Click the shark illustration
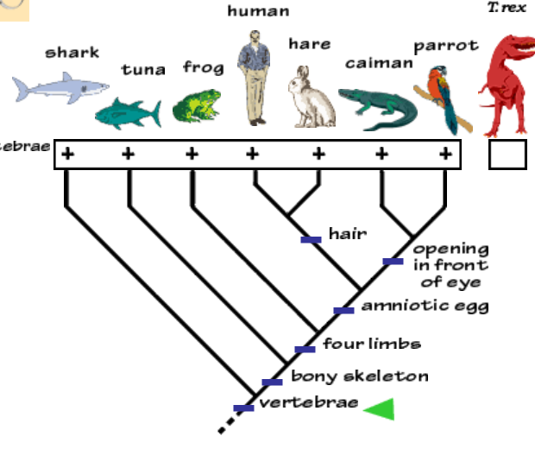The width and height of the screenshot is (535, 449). click(x=60, y=86)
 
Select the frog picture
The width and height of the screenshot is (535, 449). click(x=197, y=104)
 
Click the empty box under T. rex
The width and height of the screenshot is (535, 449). click(x=507, y=155)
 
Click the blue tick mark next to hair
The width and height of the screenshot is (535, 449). click(x=311, y=239)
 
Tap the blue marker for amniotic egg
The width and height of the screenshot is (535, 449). click(x=343, y=310)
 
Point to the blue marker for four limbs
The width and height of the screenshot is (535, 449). click(x=305, y=349)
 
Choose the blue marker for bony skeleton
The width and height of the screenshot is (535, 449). click(x=272, y=382)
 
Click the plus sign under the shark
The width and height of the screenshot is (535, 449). click(x=66, y=155)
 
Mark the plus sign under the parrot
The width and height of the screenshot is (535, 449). click(x=445, y=155)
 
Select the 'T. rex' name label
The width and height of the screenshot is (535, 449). click(x=507, y=8)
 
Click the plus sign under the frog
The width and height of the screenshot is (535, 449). click(x=192, y=155)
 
